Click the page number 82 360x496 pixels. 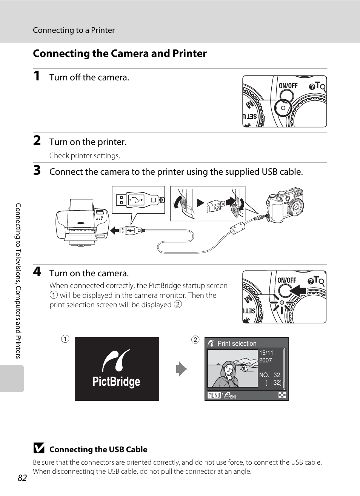[22, 478]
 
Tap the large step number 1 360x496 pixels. [37, 76]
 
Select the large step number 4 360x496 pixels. [37, 272]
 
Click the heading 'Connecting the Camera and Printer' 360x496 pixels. [120, 54]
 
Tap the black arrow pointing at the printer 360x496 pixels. [115, 230]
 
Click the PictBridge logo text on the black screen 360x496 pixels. [116, 382]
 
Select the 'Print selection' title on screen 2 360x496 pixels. [237, 344]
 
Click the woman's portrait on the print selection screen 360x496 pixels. [228, 373]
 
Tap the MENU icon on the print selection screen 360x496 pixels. [214, 395]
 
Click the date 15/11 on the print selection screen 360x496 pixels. [266, 353]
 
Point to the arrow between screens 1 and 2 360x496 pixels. [182, 369]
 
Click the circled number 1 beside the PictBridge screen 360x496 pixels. [65, 339]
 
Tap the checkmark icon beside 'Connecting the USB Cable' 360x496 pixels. [38, 448]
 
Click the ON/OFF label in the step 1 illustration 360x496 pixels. [288, 86]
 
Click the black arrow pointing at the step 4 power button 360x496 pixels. [298, 291]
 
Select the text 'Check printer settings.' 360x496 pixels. [85, 156]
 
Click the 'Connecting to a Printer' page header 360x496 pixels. [74, 30]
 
